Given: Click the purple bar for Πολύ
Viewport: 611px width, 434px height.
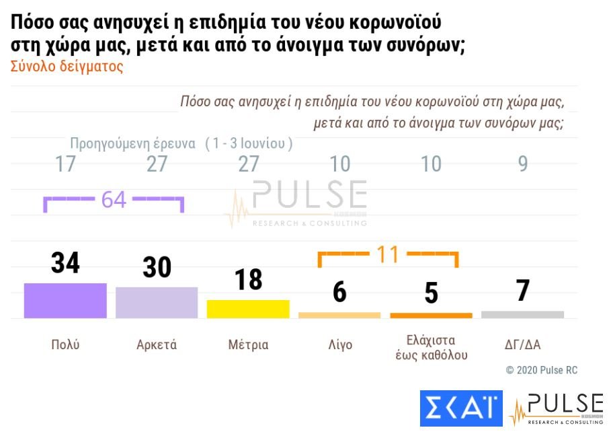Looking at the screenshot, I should [65, 300].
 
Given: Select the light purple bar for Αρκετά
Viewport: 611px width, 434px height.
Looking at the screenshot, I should [157, 302].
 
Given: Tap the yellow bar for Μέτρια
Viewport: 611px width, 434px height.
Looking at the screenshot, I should [248, 309].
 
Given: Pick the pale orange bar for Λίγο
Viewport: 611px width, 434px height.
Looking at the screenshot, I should [339, 315].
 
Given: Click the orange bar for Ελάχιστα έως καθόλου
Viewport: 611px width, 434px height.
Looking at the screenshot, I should [431, 315].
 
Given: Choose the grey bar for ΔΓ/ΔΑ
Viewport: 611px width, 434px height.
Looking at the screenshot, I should [522, 314].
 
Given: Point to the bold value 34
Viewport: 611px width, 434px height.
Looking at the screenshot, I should [65, 263].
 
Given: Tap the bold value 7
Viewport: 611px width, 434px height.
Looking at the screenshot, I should [523, 291].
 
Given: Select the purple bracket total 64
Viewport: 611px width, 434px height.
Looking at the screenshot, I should [114, 200].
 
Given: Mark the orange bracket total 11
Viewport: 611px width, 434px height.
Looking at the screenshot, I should [388, 254].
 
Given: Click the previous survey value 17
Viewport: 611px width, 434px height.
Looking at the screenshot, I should [65, 164].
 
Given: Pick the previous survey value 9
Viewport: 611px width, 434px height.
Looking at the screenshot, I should [523, 164].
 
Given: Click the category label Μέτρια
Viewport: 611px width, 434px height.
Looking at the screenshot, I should [248, 345].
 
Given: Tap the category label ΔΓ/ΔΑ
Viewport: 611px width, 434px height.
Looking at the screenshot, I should [522, 345].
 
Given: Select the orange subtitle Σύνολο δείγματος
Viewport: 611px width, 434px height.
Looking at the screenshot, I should [67, 67].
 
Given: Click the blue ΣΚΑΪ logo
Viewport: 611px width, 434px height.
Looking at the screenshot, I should [461, 408].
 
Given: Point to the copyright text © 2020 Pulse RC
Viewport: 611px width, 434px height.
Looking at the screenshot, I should [541, 370].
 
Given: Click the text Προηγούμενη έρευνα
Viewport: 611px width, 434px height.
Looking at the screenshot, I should [132, 143].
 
